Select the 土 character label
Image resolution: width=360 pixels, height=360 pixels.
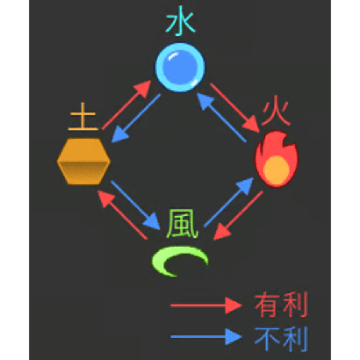point(83,117)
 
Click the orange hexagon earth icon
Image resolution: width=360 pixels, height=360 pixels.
point(84,161)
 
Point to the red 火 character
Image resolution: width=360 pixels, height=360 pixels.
point(276,113)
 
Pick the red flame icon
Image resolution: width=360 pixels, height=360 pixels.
point(276,159)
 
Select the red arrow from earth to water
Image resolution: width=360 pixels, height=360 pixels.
point(126,105)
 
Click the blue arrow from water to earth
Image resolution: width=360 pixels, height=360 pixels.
point(136,118)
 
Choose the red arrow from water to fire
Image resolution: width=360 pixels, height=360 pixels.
point(235,108)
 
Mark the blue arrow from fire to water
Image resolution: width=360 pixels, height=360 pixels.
point(221,117)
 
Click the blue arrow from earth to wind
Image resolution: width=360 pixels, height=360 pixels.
point(135,205)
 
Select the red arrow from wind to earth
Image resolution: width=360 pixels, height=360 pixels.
point(122,215)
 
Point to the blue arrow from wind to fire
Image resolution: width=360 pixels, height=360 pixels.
point(229,202)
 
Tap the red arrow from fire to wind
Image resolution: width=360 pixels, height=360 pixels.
point(238,215)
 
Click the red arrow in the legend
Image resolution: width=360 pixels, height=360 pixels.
point(206,306)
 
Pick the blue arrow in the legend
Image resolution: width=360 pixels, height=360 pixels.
point(206,337)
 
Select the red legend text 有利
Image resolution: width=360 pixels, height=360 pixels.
point(281,305)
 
